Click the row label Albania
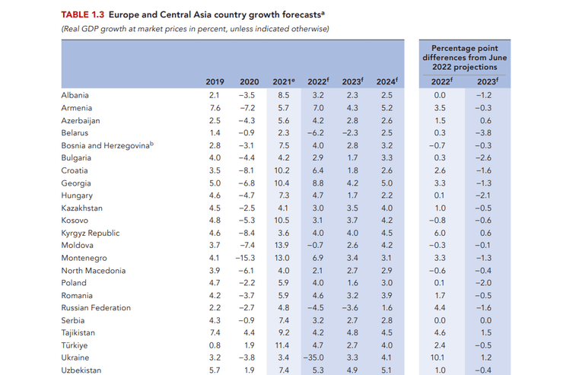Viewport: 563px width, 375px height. [x=75, y=96]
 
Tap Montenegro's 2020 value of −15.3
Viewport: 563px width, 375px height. [x=247, y=258]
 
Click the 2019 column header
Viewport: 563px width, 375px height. [x=215, y=81]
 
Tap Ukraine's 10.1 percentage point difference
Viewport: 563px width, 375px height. [x=440, y=358]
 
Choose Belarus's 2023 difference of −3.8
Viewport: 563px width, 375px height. [x=484, y=133]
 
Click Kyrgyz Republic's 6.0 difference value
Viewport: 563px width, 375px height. [x=440, y=233]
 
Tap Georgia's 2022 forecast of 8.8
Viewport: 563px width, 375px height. [x=318, y=183]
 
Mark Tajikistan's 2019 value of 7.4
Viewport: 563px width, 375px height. [x=215, y=332]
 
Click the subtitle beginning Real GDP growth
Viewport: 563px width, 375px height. [x=193, y=29]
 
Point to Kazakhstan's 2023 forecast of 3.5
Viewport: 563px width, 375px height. [x=351, y=208]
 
